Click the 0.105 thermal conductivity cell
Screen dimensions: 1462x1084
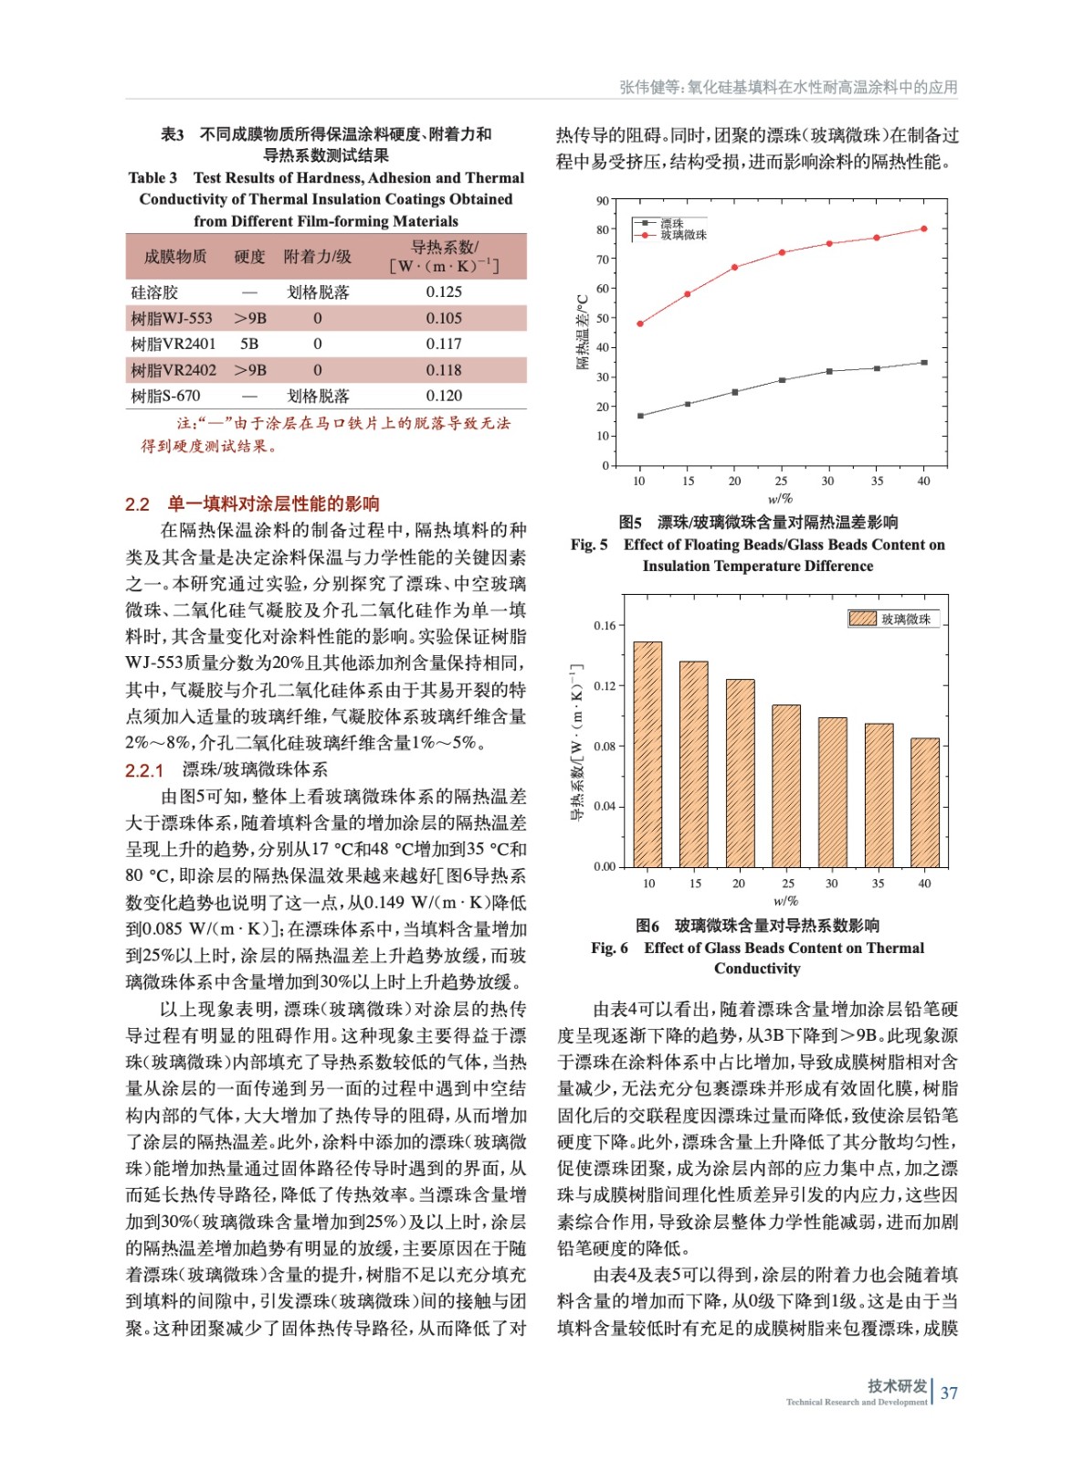[444, 318]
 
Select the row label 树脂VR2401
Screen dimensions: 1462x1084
[174, 344]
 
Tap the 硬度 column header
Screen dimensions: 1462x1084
[249, 257]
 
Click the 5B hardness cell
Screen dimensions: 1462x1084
[249, 344]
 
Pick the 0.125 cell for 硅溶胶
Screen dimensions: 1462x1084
[444, 291]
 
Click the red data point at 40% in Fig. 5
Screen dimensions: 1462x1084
[924, 228]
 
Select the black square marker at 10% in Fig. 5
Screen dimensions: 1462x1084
[640, 416]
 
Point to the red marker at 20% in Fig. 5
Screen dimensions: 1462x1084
[735, 267]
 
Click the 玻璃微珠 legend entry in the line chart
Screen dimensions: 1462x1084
[682, 235]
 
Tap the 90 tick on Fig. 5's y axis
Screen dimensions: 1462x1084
[603, 201]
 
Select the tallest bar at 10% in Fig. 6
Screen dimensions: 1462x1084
[647, 754]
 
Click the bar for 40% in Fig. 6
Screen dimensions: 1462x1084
[925, 802]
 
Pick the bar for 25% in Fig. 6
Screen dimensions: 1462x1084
[786, 786]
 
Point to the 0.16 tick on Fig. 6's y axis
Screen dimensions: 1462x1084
[605, 626]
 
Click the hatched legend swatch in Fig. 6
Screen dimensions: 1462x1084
[863, 619]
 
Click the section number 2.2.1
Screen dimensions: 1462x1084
[144, 770]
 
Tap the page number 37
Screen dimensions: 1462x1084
[950, 1393]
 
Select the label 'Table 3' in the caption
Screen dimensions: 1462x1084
[153, 178]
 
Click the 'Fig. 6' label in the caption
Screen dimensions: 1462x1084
[609, 948]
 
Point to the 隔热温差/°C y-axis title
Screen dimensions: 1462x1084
[582, 332]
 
